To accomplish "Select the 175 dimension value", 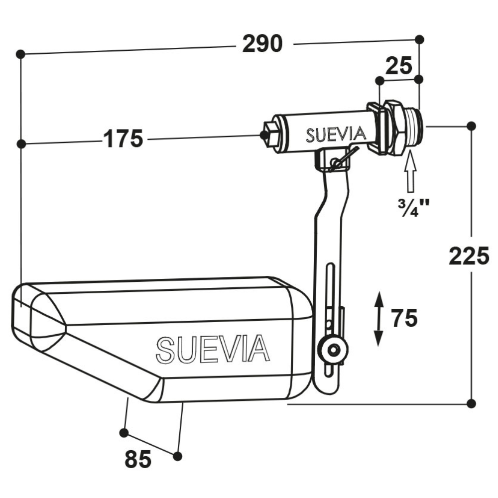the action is pos(123,139).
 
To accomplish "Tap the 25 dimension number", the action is pos(399,66).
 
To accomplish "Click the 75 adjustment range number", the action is pos(404,318).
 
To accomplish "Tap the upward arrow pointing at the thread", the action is pos(411,171).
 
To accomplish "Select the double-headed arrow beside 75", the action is pos(378,319).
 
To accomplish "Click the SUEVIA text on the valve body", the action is pos(336,134).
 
